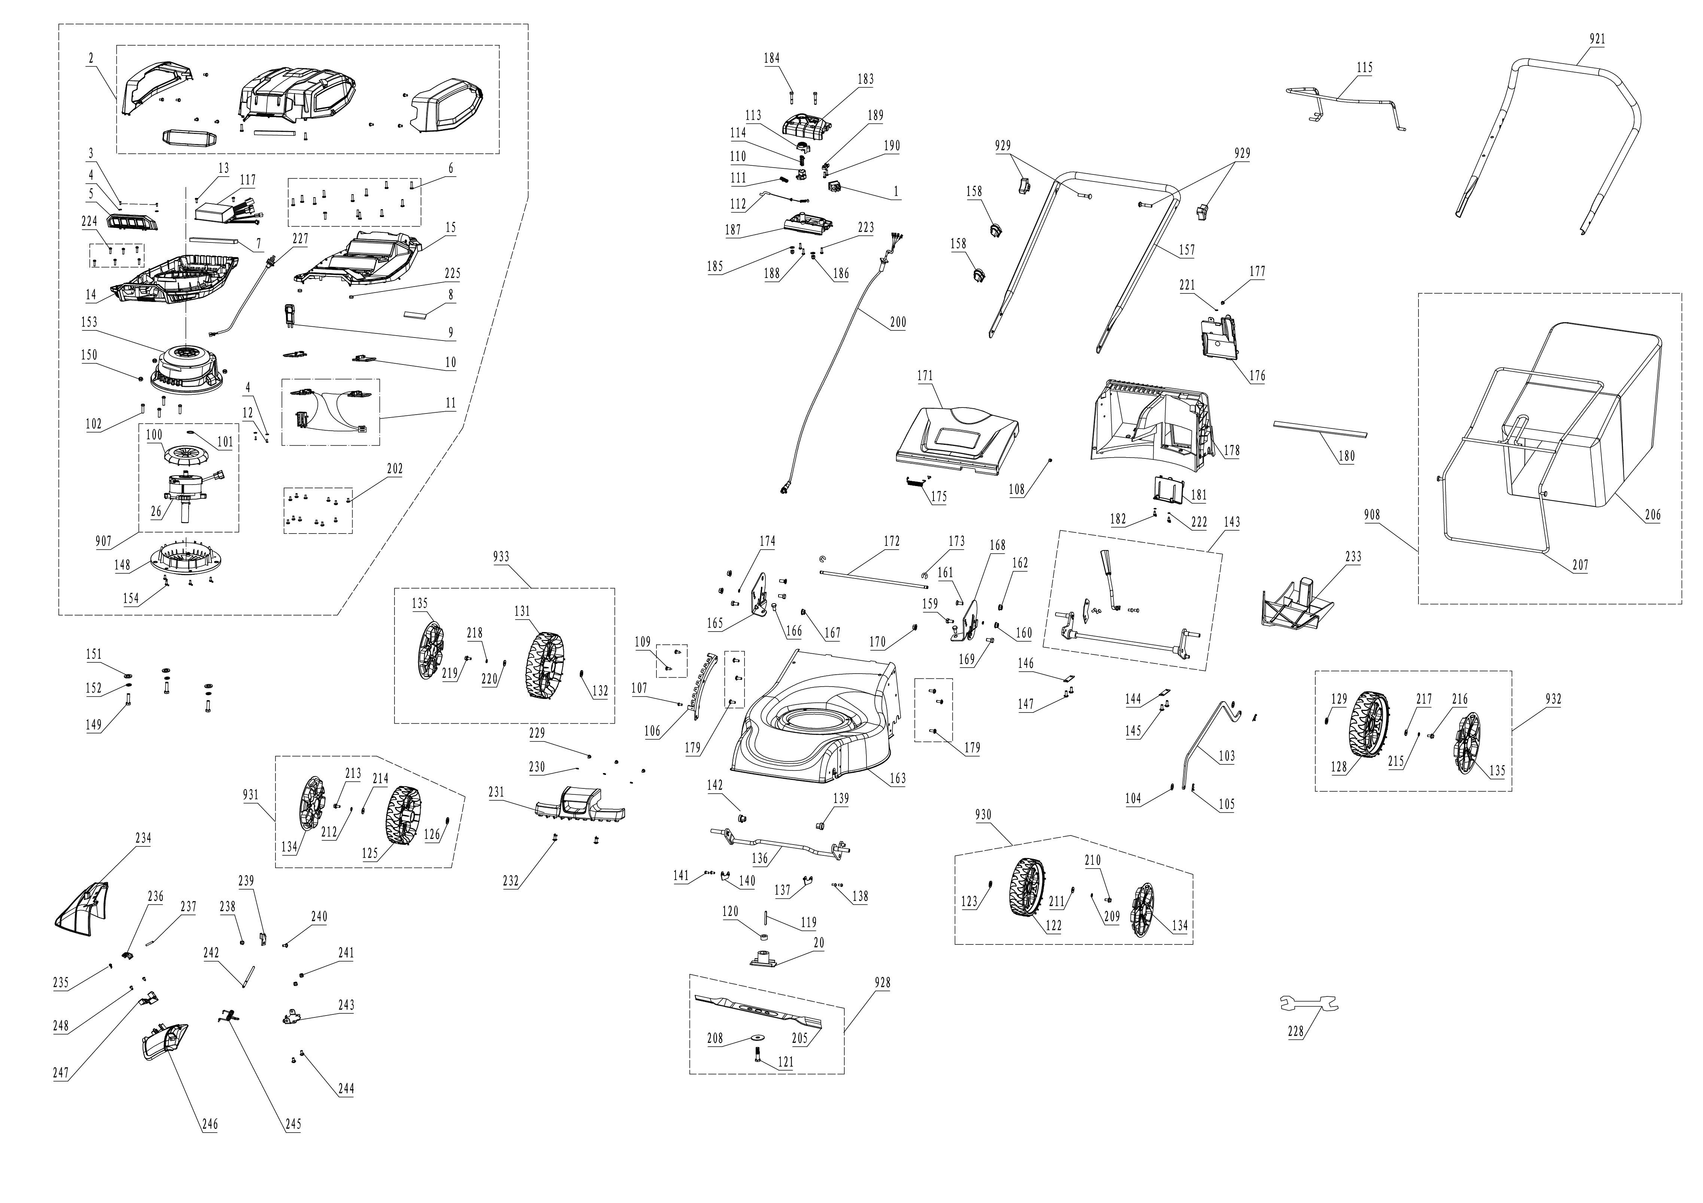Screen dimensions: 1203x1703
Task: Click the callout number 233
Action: (1353, 556)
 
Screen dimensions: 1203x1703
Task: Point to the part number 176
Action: (1257, 375)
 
